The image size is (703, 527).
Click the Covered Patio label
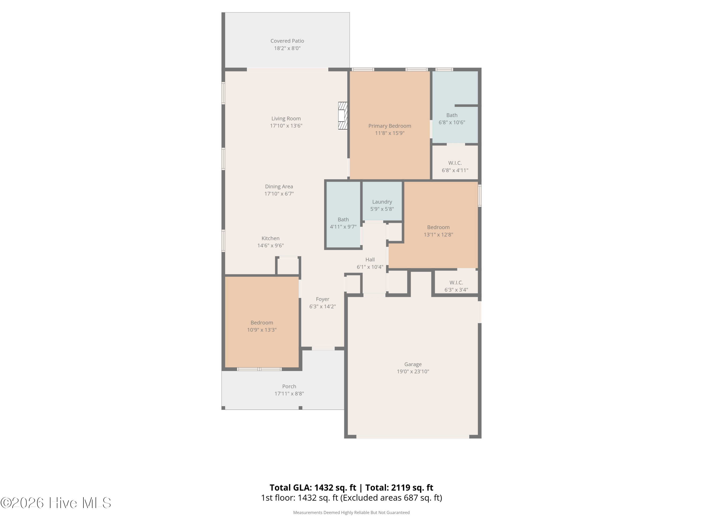(287, 41)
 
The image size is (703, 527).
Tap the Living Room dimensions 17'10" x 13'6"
(286, 126)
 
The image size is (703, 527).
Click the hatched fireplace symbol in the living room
(343, 116)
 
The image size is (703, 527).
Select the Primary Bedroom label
(390, 126)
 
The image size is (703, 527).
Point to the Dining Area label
(279, 186)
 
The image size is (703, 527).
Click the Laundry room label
(382, 202)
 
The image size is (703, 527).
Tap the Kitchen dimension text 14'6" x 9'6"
(270, 245)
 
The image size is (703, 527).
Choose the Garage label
(413, 364)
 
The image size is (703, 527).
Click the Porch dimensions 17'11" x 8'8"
(289, 393)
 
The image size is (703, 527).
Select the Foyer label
(323, 299)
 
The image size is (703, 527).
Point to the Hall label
(370, 260)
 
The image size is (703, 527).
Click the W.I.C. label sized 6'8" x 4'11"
(455, 163)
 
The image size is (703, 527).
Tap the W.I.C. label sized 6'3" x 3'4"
(456, 282)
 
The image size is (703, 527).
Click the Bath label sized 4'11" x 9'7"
(343, 219)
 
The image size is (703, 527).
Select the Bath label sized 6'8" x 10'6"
(452, 115)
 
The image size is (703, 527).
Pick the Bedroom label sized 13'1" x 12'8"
(438, 227)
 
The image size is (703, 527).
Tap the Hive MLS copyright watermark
(56, 503)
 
